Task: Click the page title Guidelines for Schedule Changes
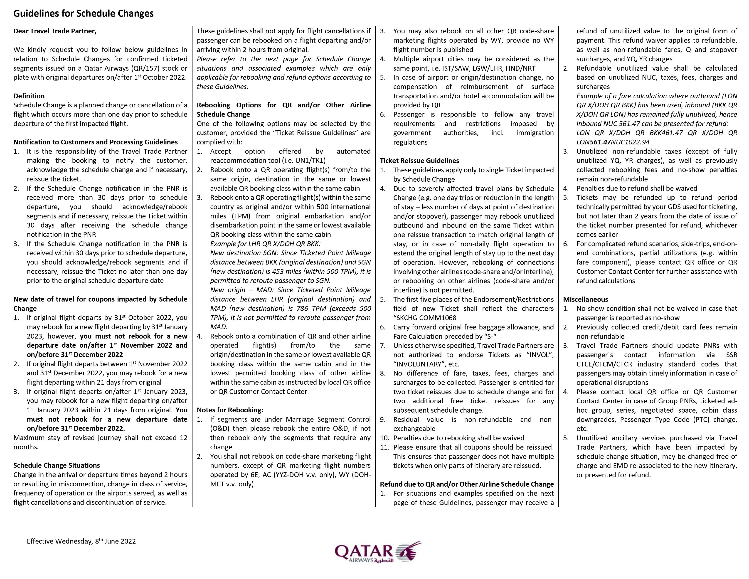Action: click(83, 13)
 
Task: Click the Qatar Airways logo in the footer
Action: click(378, 552)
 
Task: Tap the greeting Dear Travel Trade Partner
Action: click(55, 31)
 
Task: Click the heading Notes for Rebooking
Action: click(230, 410)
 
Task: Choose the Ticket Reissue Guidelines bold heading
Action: click(419, 161)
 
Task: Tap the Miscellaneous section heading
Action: click(585, 299)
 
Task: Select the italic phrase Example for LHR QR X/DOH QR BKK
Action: click(265, 244)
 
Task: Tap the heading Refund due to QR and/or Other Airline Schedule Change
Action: click(467, 484)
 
